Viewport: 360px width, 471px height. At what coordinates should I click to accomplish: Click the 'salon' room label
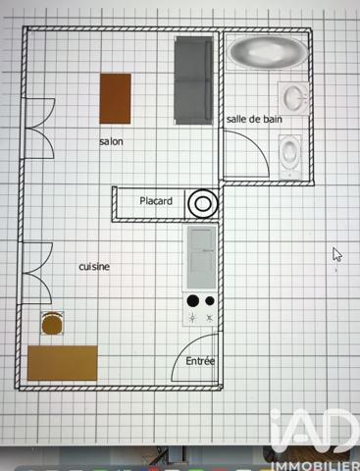click(111, 141)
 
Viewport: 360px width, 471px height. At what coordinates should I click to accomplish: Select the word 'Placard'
click(156, 202)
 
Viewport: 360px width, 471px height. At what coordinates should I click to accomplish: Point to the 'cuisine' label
click(94, 267)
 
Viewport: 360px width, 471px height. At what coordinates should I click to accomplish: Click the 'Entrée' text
click(200, 361)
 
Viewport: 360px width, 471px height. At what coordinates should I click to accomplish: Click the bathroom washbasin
click(294, 97)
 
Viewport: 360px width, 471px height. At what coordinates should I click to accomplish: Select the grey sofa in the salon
click(194, 79)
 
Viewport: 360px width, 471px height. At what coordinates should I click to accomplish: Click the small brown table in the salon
click(115, 98)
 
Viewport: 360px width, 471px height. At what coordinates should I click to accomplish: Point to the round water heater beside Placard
click(202, 203)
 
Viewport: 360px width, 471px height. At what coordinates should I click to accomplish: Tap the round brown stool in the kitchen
click(52, 322)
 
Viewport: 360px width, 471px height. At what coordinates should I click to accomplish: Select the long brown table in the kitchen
click(63, 363)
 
